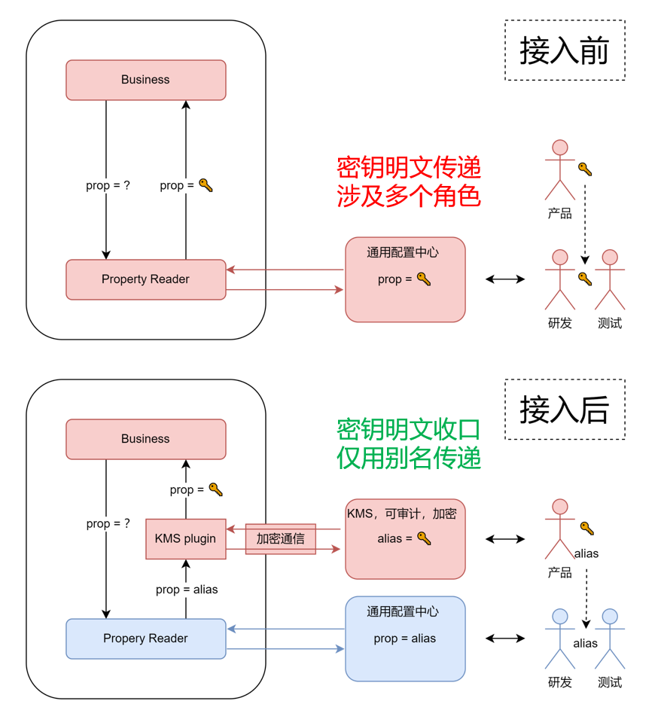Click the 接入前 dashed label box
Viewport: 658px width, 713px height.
point(565,50)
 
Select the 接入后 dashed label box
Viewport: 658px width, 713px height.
point(565,410)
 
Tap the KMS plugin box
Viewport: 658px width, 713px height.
point(185,538)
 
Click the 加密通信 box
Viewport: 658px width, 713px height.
point(280,539)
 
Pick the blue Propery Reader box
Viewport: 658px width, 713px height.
point(145,638)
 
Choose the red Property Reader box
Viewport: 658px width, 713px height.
point(145,279)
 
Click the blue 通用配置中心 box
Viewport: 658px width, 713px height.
point(405,638)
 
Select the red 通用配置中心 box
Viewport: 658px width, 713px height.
point(405,279)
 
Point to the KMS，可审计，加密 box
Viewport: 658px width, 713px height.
point(405,538)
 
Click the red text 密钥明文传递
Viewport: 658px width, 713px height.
point(409,166)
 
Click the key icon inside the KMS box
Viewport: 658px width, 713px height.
point(424,538)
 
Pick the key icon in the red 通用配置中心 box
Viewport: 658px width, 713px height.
point(424,279)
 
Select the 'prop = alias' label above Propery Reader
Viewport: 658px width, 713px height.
point(187,590)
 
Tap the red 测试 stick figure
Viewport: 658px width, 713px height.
point(610,279)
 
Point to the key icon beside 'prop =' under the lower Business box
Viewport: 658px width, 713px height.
point(215,489)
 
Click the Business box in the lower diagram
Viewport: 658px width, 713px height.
point(145,439)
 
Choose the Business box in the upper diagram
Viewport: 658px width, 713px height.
point(145,80)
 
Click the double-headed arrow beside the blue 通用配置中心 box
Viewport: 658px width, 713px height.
point(505,638)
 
